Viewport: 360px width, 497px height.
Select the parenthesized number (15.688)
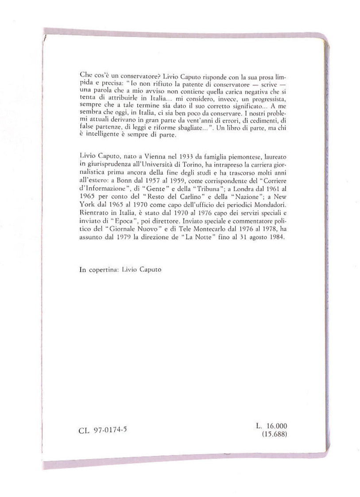tap(275, 434)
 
